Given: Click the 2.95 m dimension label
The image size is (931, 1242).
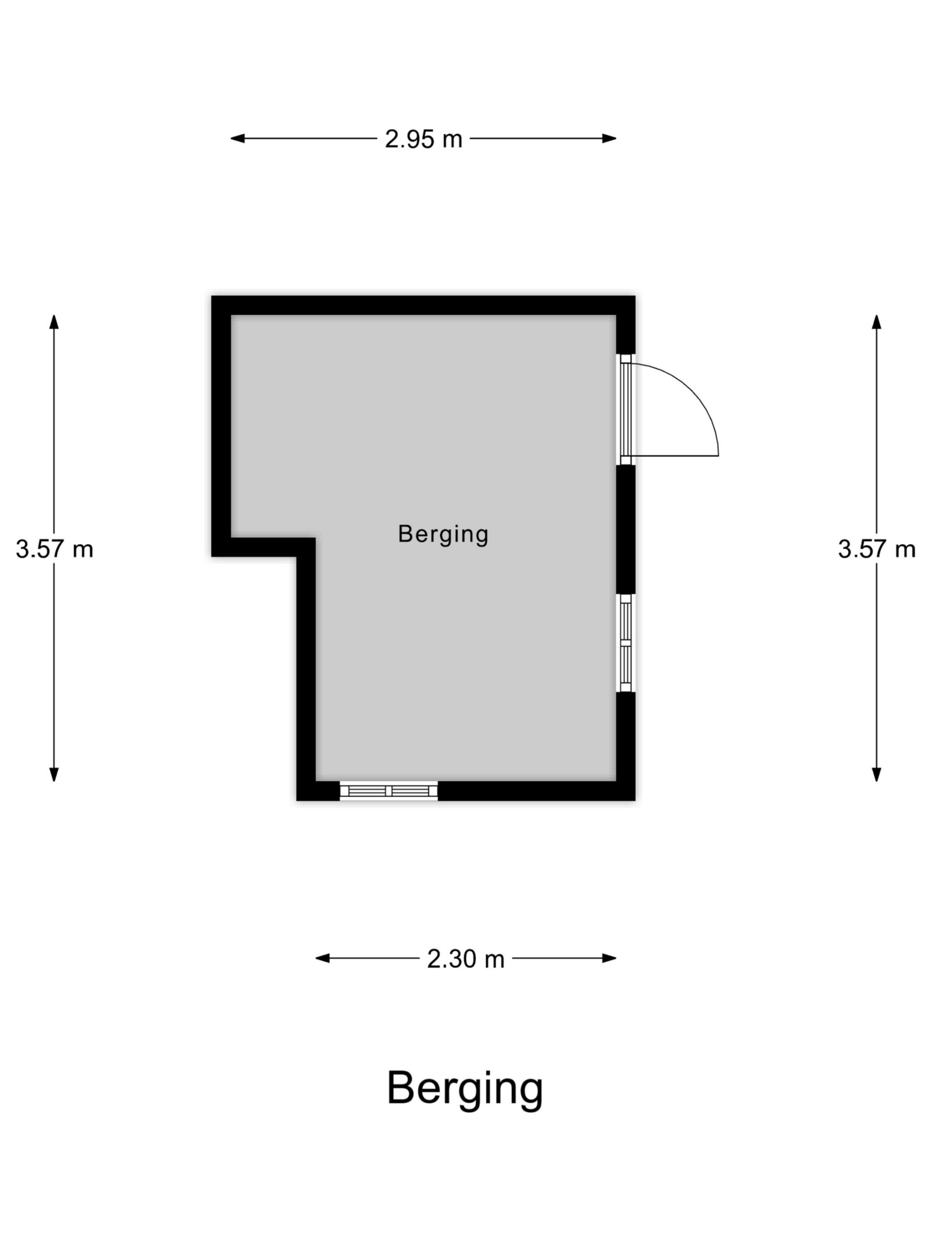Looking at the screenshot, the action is pyautogui.click(x=423, y=139).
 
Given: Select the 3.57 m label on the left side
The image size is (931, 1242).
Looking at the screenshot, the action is pyautogui.click(x=54, y=549).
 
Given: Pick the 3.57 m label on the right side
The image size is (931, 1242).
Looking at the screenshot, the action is pyautogui.click(x=877, y=549).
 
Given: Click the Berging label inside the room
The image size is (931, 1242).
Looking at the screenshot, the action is pyautogui.click(x=443, y=534).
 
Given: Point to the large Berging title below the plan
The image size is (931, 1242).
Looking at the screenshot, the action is pyautogui.click(x=465, y=1090).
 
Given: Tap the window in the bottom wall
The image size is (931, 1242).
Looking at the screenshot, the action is pyautogui.click(x=388, y=791).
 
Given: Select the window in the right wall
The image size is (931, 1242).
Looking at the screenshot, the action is pyautogui.click(x=625, y=643).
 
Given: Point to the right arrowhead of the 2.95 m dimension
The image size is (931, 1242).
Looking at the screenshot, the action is pyautogui.click(x=610, y=139).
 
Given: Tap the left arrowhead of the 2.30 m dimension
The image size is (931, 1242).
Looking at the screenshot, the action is pyautogui.click(x=322, y=959).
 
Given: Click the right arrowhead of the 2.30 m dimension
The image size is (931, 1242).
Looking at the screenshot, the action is pyautogui.click(x=610, y=959).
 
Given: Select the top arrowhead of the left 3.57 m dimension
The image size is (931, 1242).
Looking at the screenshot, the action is pyautogui.click(x=54, y=322).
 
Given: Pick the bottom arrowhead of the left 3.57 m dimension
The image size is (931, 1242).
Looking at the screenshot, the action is pyautogui.click(x=54, y=775).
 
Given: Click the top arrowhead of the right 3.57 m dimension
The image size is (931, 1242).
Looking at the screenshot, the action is pyautogui.click(x=877, y=322).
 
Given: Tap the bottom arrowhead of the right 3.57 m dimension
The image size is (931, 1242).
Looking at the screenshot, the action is pyautogui.click(x=877, y=775).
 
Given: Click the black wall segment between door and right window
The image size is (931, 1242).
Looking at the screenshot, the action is pyautogui.click(x=626, y=529).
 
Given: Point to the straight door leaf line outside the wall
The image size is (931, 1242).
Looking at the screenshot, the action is pyautogui.click(x=675, y=456).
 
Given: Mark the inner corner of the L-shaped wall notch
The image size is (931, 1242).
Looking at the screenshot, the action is pyautogui.click(x=315, y=538).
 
